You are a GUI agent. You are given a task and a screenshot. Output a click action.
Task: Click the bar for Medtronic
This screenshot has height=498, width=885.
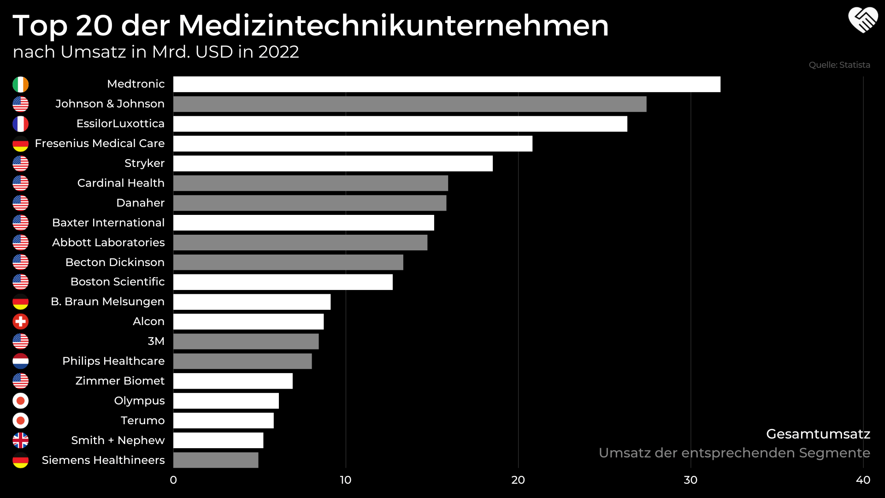pyautogui.click(x=447, y=84)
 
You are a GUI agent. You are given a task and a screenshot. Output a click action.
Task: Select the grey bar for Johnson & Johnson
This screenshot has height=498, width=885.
pyautogui.click(x=410, y=104)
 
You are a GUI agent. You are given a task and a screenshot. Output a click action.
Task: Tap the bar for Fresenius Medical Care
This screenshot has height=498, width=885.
pyautogui.click(x=353, y=143)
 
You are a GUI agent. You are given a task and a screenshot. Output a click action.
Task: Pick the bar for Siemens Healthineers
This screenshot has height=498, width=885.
pyautogui.click(x=216, y=460)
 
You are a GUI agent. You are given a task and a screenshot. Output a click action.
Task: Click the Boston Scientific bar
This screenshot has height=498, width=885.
pyautogui.click(x=283, y=282)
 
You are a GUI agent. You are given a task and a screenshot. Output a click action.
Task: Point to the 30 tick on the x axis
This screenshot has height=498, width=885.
pyautogui.click(x=690, y=480)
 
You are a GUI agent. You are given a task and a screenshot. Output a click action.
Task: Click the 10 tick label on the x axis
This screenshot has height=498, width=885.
pyautogui.click(x=346, y=480)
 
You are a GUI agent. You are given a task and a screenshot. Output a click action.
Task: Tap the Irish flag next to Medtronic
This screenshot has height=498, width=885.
pyautogui.click(x=20, y=84)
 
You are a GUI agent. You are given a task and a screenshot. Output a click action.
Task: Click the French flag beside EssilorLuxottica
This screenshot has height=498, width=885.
pyautogui.click(x=20, y=124)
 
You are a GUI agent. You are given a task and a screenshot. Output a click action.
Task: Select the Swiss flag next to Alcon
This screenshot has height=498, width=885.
pyautogui.click(x=20, y=321)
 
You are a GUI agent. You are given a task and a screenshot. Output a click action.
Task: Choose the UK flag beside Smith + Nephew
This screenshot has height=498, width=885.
pyautogui.click(x=20, y=440)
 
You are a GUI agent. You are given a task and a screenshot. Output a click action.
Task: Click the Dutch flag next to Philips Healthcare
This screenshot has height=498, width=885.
pyautogui.click(x=20, y=361)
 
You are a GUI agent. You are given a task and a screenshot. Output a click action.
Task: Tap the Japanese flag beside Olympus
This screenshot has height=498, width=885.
pyautogui.click(x=20, y=401)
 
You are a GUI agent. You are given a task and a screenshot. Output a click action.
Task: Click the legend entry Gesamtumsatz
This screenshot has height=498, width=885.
pyautogui.click(x=818, y=434)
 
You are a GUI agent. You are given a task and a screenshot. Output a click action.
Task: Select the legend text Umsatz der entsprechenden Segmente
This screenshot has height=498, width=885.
pyautogui.click(x=734, y=453)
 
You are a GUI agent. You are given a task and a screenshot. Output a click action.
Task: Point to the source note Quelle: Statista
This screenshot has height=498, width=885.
pyautogui.click(x=839, y=65)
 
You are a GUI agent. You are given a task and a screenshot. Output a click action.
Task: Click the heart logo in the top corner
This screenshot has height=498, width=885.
pyautogui.click(x=863, y=20)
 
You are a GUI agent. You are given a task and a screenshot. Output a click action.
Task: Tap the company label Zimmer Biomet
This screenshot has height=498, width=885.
pyautogui.click(x=120, y=381)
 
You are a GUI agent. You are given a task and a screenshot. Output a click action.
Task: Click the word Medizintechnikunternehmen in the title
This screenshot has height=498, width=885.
pyautogui.click(x=393, y=25)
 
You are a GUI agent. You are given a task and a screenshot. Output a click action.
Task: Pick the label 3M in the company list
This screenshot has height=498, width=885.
pyautogui.click(x=156, y=341)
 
